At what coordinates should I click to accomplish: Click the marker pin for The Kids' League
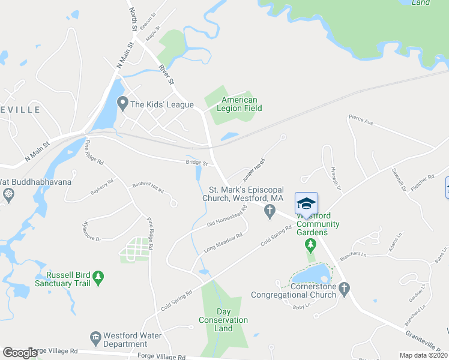[x=122, y=104]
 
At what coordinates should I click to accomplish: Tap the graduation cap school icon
[x=306, y=202]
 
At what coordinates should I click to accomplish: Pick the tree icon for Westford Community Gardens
[x=310, y=245]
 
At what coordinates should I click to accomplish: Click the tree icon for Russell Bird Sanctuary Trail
[x=98, y=277]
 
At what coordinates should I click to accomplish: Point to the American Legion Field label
[x=239, y=104]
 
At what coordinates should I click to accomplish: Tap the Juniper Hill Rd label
[x=253, y=170]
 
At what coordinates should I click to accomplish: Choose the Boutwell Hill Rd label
[x=148, y=187]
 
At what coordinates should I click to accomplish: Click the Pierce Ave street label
[x=361, y=122]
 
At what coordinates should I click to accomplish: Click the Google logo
[x=20, y=353]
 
